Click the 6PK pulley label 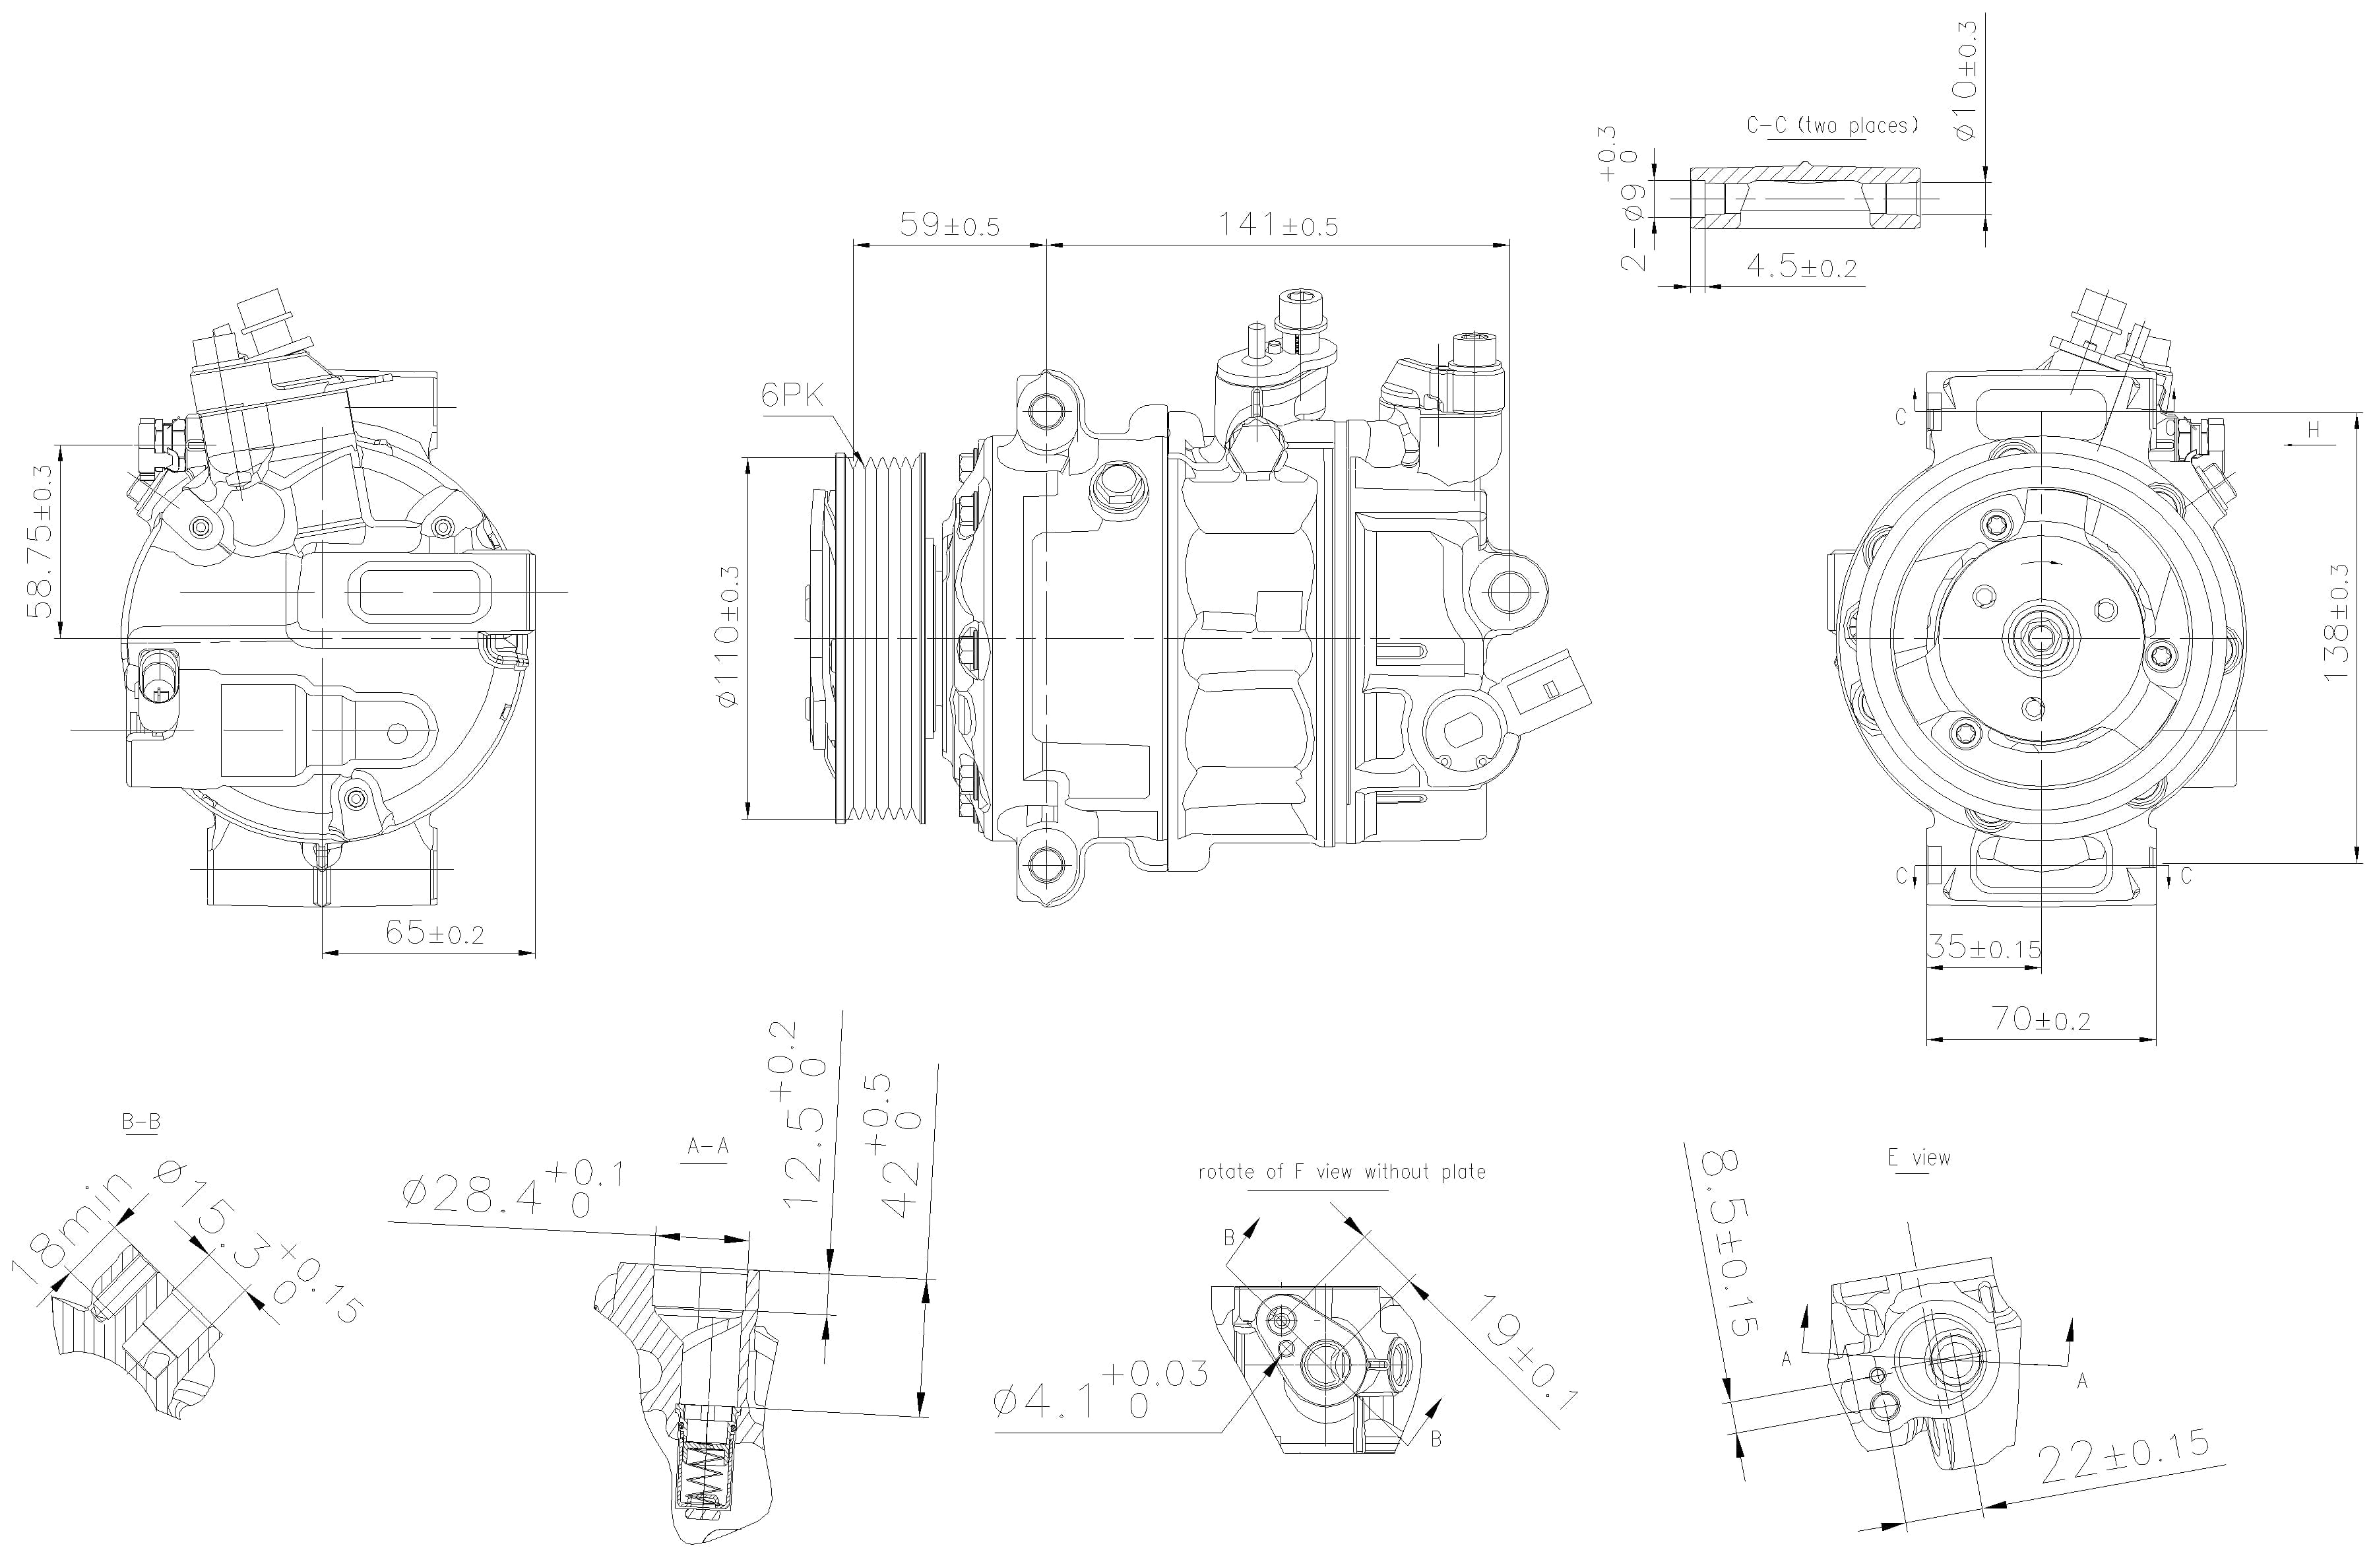[x=792, y=396]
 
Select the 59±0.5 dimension [x=949, y=224]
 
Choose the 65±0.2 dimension [x=434, y=933]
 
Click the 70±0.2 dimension [x=2041, y=1019]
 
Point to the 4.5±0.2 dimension [x=1801, y=267]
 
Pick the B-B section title [x=141, y=1122]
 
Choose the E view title [x=1918, y=1158]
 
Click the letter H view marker [x=2313, y=430]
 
